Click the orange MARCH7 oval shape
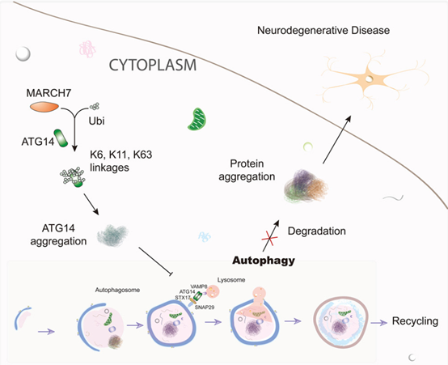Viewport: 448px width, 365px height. (x=44, y=107)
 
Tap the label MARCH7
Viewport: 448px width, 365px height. (x=49, y=93)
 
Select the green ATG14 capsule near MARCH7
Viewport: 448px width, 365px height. (x=61, y=138)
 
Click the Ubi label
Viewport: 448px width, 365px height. (x=96, y=121)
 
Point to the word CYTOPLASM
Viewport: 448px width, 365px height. (x=153, y=66)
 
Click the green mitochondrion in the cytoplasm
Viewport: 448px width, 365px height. (x=197, y=119)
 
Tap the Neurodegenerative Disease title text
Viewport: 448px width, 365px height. (x=323, y=30)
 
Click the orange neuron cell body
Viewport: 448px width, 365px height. (x=369, y=78)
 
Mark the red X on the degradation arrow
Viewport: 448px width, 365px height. (x=269, y=238)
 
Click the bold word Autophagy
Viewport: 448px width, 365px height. (x=264, y=261)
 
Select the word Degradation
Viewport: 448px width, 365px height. (x=316, y=231)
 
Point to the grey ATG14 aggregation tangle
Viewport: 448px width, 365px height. (x=112, y=236)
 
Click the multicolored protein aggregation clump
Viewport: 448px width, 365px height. (x=306, y=185)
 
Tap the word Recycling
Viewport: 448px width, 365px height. (x=415, y=321)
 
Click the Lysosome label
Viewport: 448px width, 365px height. (x=231, y=280)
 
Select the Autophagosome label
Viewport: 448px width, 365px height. (x=117, y=290)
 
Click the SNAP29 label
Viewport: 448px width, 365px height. (x=205, y=308)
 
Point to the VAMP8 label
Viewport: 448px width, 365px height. (x=199, y=286)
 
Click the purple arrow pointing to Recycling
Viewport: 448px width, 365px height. (x=378, y=323)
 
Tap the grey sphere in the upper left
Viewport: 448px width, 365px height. (x=23, y=53)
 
